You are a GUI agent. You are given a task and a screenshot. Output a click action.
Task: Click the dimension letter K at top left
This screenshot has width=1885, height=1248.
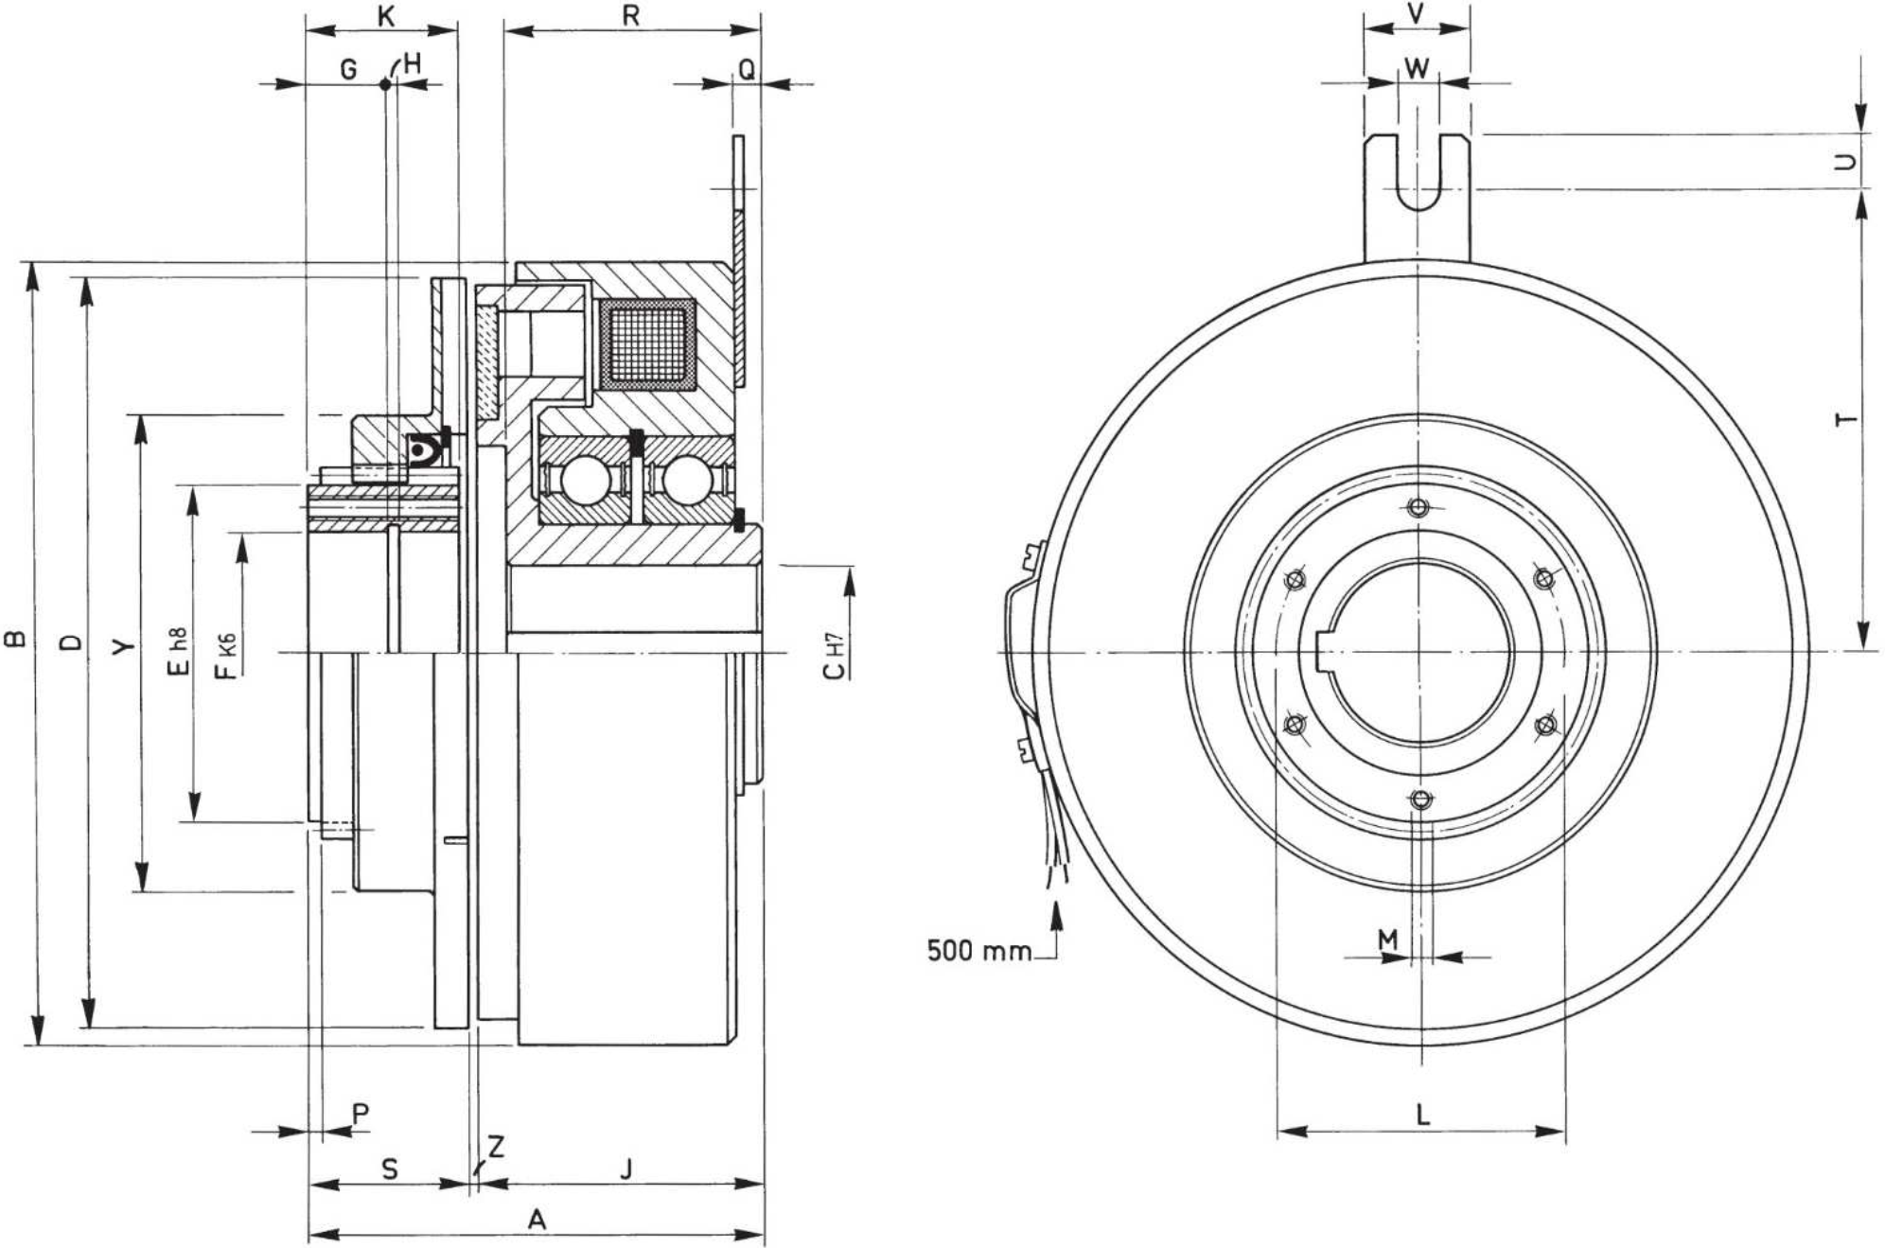385,15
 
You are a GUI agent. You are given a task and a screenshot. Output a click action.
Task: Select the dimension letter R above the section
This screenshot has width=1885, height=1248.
631,15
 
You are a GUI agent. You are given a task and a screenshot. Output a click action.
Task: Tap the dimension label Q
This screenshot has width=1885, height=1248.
747,69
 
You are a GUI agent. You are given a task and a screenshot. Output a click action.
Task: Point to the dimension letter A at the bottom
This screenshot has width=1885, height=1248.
537,1220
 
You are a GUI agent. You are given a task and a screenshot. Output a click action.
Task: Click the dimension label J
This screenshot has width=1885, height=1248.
625,1169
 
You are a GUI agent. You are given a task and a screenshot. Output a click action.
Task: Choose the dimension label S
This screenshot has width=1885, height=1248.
390,1169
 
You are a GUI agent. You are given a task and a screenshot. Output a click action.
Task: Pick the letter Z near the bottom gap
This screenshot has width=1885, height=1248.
496,1147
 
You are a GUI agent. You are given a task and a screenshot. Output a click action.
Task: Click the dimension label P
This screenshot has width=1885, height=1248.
361,1114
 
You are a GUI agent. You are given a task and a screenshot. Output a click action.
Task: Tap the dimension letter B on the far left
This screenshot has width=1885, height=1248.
15,640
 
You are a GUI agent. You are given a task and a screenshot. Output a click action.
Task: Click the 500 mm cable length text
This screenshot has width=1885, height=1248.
979,950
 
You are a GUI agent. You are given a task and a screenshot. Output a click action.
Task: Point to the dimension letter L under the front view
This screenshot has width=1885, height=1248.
1422,1115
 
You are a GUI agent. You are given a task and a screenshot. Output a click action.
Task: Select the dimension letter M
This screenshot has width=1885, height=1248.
1387,940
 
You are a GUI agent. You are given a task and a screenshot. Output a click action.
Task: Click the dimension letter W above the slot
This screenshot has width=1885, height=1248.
1417,68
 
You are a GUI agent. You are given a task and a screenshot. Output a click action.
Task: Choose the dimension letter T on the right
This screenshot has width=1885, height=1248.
1845,419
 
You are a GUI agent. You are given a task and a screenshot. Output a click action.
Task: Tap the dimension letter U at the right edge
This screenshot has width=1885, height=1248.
1845,162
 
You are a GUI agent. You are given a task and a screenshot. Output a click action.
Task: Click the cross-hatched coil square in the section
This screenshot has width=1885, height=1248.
648,344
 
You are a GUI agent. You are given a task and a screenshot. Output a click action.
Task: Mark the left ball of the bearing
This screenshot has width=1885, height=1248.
586,480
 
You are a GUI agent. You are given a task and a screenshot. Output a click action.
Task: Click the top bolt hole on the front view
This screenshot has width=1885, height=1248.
1418,507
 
